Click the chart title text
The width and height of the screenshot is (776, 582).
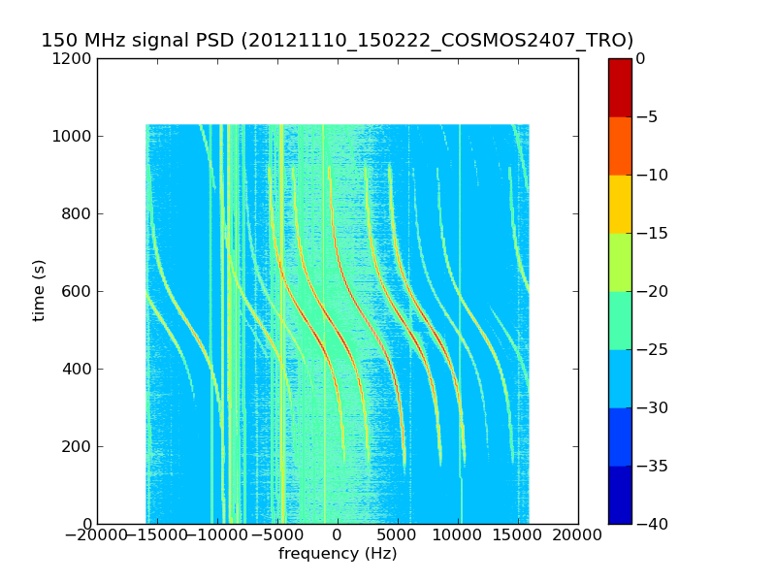337,41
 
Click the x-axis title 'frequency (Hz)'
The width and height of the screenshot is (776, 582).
338,554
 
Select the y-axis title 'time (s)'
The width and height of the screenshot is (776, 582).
39,290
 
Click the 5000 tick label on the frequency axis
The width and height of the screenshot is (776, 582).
398,534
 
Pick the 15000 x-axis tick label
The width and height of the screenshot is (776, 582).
518,534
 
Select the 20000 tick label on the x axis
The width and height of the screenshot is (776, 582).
578,534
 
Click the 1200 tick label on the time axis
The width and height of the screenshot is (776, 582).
74,58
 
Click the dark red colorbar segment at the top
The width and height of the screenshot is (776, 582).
620,87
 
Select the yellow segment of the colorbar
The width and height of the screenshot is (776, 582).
620,204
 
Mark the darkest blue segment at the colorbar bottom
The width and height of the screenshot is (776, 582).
620,495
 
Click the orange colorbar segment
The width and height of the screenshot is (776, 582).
620,145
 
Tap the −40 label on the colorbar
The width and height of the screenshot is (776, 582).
648,524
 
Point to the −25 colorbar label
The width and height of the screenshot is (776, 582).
648,349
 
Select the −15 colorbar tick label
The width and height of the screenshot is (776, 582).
648,233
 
